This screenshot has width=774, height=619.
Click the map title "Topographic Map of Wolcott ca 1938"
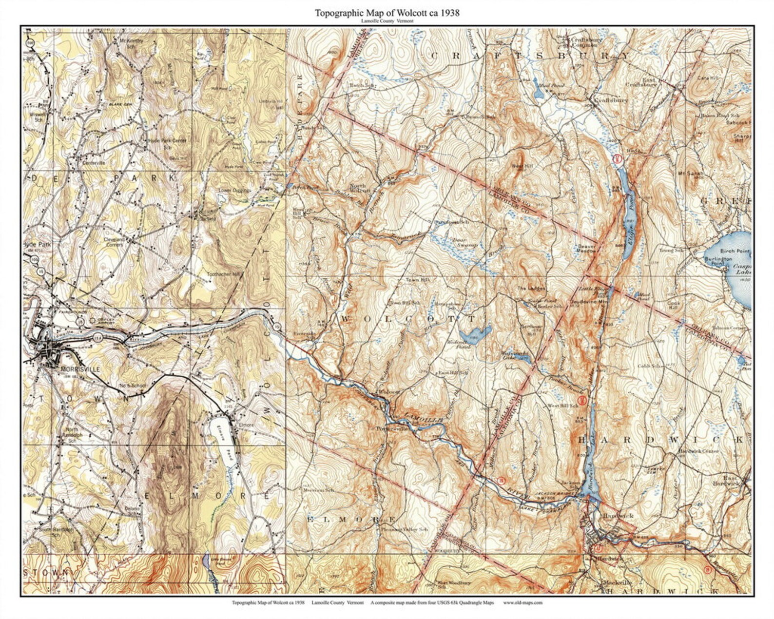pos(387,13)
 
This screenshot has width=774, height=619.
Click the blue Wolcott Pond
pos(475,335)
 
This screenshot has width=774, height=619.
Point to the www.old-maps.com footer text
pos(522,602)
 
